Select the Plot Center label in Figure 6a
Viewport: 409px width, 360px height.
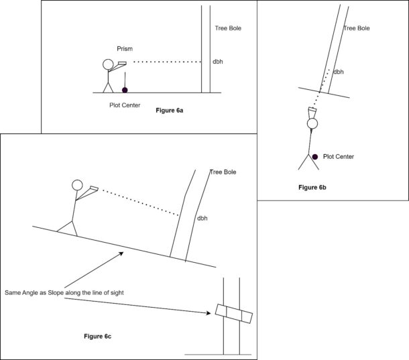coord(125,105)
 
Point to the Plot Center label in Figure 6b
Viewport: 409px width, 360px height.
coord(339,156)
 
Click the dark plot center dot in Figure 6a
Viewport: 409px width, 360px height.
coord(125,89)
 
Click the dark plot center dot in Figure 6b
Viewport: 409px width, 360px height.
coord(314,157)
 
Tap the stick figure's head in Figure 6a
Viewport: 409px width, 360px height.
coord(109,64)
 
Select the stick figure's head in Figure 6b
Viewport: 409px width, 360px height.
coord(312,123)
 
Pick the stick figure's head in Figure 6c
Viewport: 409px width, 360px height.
coord(77,186)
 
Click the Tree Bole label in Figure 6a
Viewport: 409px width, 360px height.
coord(228,28)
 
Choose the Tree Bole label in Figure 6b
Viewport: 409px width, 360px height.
coord(356,28)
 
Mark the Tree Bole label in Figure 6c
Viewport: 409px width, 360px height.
coord(223,172)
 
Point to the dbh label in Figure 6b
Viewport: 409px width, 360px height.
coord(339,71)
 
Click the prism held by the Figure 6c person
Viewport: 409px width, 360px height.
coord(92,190)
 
